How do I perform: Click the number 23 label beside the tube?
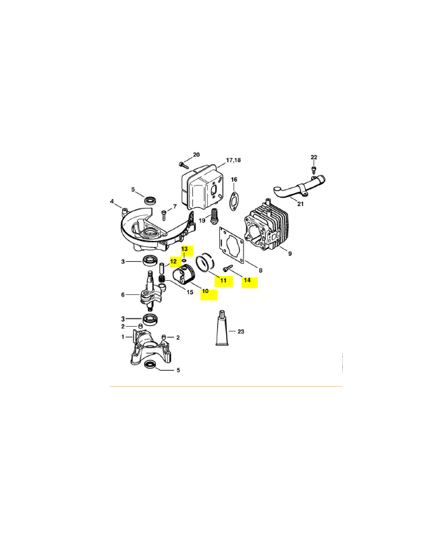[x=241, y=331]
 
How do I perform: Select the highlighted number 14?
[x=247, y=280]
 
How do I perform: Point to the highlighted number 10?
[x=205, y=291]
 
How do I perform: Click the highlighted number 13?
[x=184, y=249]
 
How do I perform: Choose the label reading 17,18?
[x=233, y=160]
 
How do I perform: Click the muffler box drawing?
[x=201, y=187]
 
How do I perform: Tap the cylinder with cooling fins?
[x=266, y=225]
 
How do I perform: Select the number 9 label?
[x=290, y=254]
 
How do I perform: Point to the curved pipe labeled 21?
[x=299, y=188]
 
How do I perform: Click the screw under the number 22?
[x=314, y=169]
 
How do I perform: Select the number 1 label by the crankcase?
[x=123, y=337]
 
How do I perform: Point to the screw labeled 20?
[x=184, y=165]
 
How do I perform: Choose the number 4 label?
[x=111, y=201]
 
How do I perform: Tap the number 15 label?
[x=190, y=292]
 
